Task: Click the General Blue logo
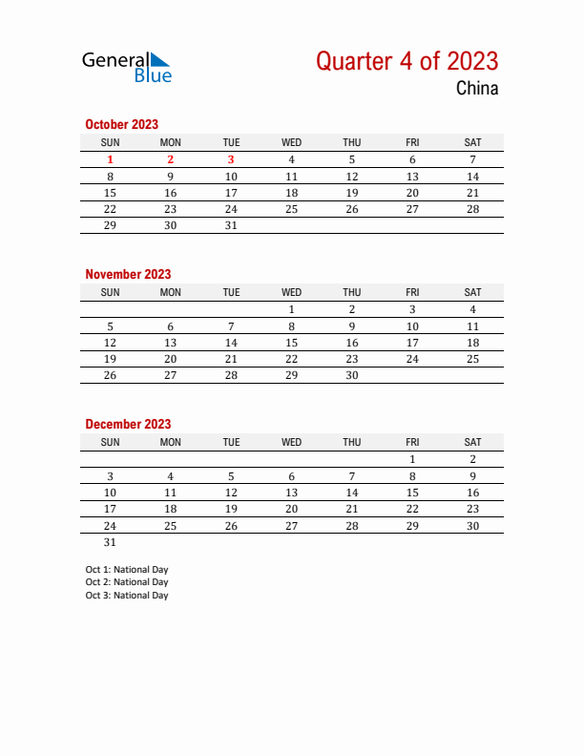[x=127, y=66]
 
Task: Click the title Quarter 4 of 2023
[x=407, y=61]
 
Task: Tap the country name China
[x=476, y=90]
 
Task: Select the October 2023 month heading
[x=121, y=124]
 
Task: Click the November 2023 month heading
[x=128, y=274]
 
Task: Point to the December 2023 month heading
[x=128, y=424]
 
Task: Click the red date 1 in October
[x=110, y=160]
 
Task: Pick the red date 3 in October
[x=231, y=160]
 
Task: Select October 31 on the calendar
[x=231, y=225]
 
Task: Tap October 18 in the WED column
[x=291, y=193]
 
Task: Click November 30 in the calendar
[x=352, y=375]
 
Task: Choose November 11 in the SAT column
[x=472, y=326]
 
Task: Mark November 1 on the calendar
[x=291, y=310]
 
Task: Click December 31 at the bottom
[x=110, y=541]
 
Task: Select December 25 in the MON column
[x=170, y=525]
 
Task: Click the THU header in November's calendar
[x=352, y=292]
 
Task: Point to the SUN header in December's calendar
[x=110, y=442]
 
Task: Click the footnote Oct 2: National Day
[x=126, y=582]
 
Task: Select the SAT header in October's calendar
[x=472, y=142]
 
